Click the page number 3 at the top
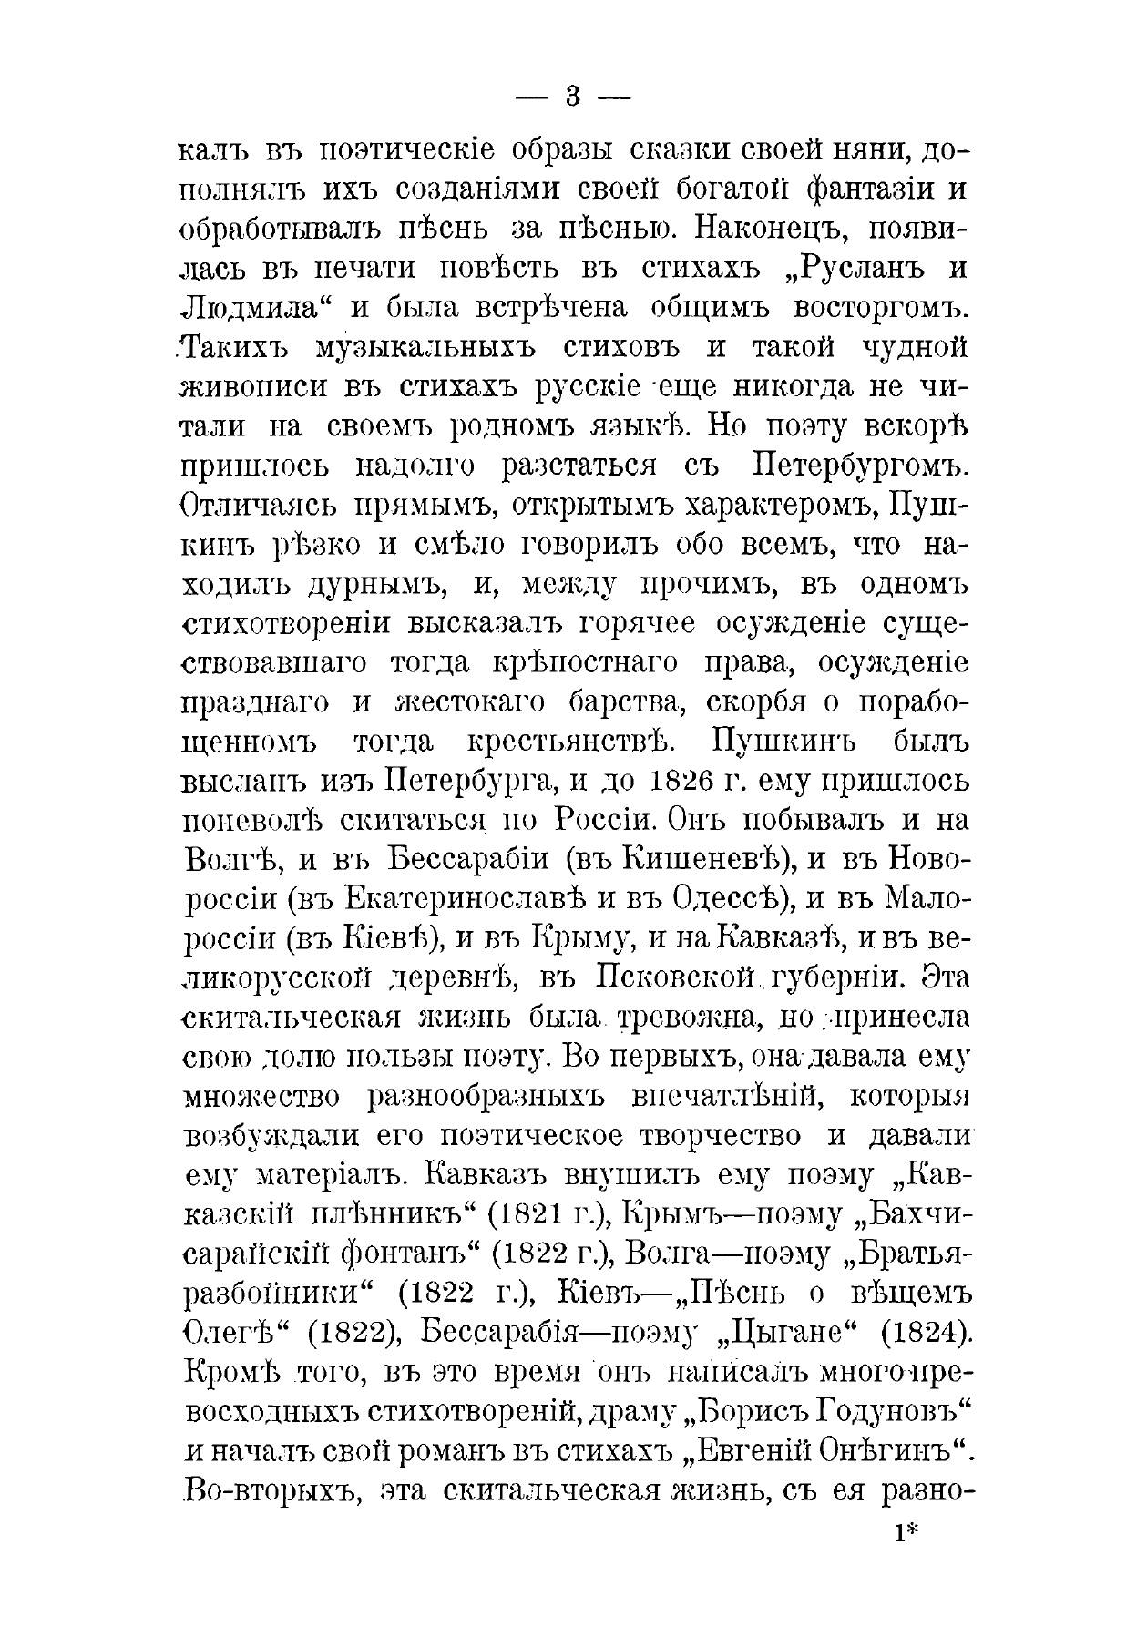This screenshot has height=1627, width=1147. click(x=572, y=97)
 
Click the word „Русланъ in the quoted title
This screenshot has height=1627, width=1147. click(x=824, y=269)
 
